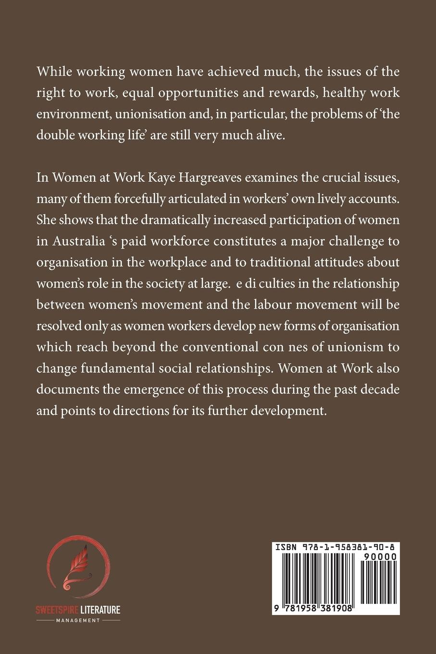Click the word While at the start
pos(53,72)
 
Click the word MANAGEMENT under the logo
pos(78,620)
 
